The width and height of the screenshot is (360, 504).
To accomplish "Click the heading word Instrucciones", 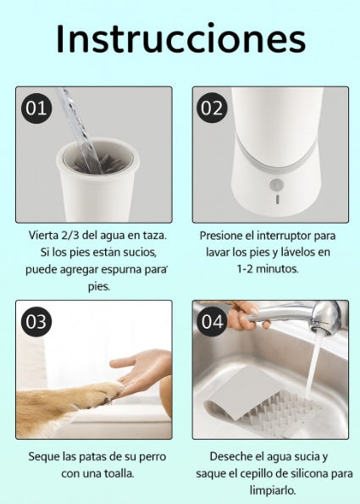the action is (x=180, y=39).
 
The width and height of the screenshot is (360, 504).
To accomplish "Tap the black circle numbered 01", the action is (x=36, y=108).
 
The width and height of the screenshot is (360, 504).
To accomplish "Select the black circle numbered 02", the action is (x=212, y=108).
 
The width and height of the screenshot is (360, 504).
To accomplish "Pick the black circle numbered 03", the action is (x=36, y=322).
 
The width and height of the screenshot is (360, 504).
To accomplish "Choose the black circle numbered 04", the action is (x=212, y=322).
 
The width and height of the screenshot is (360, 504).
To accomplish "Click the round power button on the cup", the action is (x=276, y=186).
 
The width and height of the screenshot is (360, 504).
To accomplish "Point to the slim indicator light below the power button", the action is (x=277, y=199).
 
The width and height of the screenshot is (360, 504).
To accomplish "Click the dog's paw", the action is (x=102, y=394).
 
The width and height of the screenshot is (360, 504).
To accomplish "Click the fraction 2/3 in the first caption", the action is (x=69, y=235).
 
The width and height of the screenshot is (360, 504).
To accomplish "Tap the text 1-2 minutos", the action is (x=268, y=269).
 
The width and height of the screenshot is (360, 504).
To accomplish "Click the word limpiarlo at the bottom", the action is (x=273, y=490).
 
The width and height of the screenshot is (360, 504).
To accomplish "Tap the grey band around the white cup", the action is (x=276, y=161).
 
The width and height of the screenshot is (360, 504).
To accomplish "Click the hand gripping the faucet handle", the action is (x=246, y=316).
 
